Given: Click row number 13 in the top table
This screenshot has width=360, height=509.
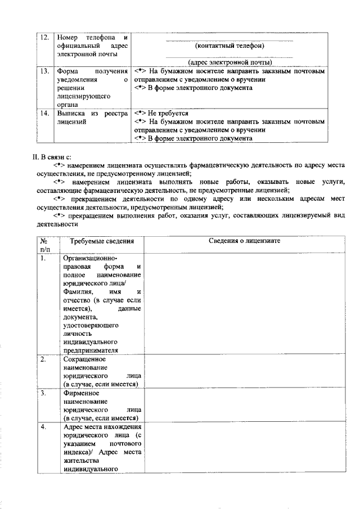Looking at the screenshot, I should [x=45, y=73].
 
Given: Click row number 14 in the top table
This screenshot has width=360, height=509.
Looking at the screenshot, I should [x=45, y=113].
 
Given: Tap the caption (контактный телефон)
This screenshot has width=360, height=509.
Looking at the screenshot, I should [x=229, y=46].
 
